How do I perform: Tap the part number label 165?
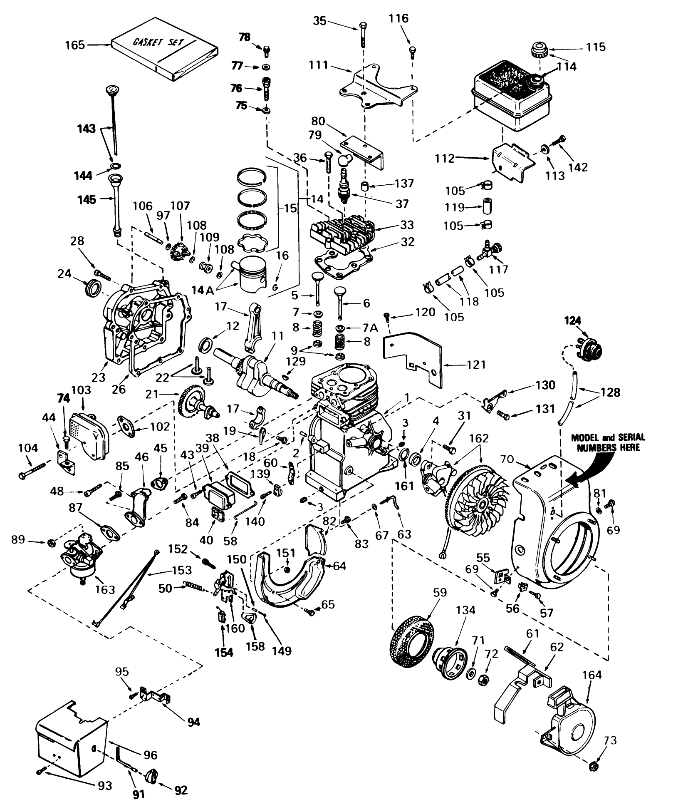(x=75, y=45)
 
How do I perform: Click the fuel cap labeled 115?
(x=540, y=52)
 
